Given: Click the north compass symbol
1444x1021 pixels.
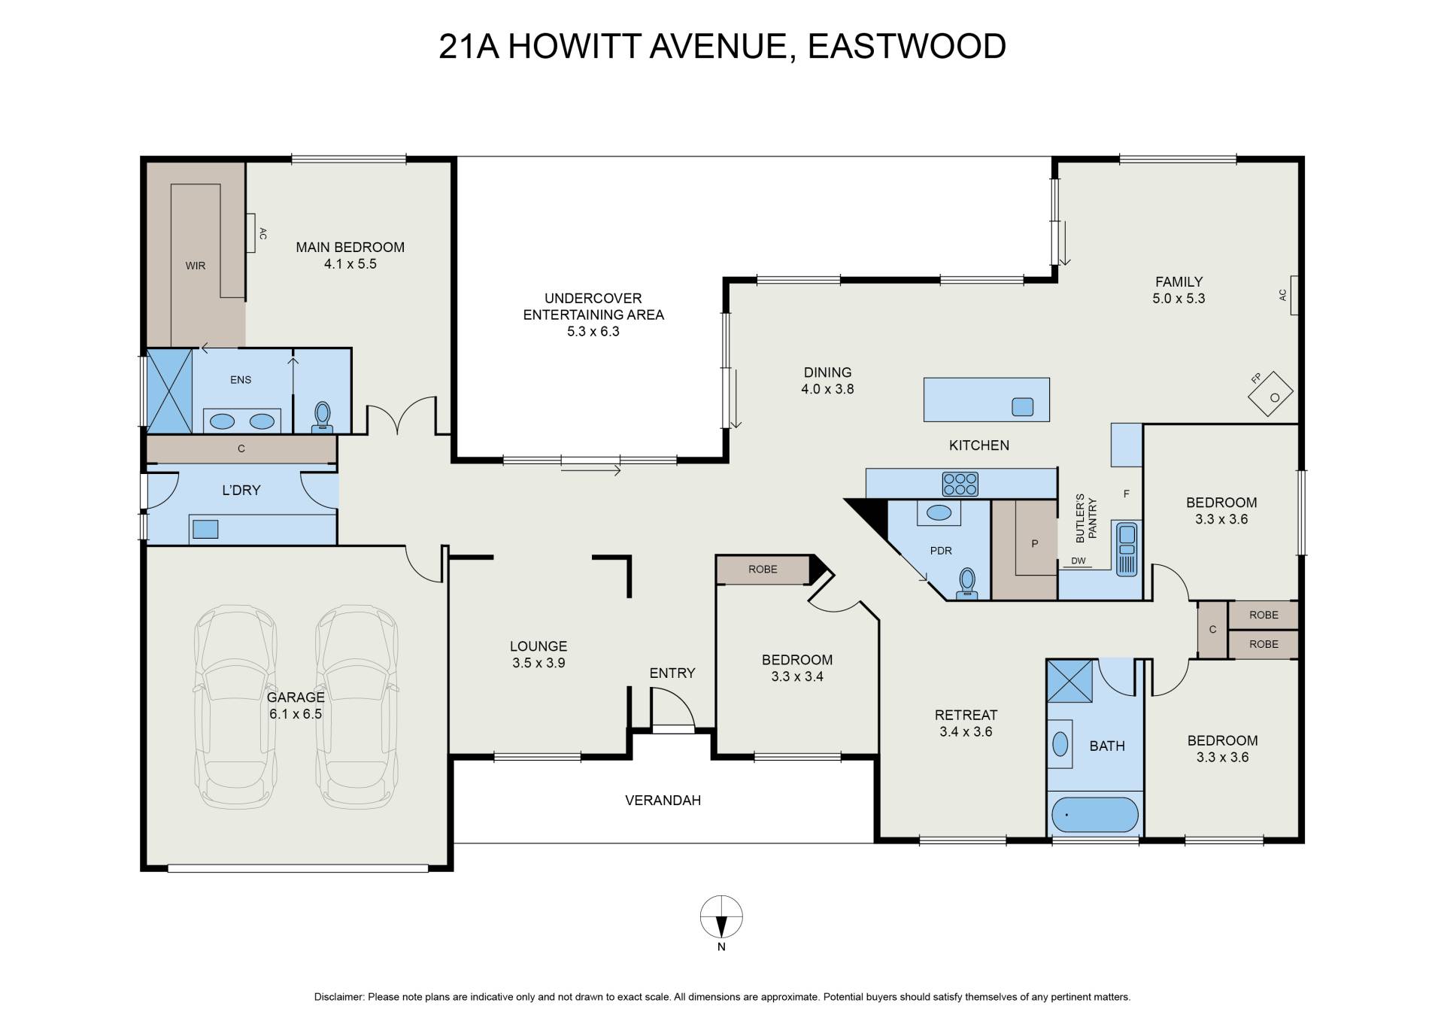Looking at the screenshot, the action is coord(721,917).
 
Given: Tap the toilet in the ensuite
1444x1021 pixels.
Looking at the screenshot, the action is coord(323,417).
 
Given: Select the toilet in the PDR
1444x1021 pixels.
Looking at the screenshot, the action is coord(967,584).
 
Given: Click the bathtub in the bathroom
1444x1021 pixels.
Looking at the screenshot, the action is coord(1095,815).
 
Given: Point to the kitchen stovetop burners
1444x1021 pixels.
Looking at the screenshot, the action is coord(960,484).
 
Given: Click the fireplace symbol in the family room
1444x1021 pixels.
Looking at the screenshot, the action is coord(1271,394).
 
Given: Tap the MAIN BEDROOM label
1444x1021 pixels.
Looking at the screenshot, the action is coord(350,247).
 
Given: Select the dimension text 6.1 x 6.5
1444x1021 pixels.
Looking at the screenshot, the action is coord(296,714).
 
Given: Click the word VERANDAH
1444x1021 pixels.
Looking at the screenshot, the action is coord(663,801).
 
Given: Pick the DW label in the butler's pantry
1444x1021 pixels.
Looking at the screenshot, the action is coord(1078,561).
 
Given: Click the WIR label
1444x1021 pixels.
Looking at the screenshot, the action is coord(196,266).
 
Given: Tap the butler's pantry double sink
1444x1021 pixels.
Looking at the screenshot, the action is coord(1127,549).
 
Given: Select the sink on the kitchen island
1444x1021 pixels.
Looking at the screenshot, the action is coord(1022,407).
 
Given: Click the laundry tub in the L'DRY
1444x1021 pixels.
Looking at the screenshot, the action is coord(205,529).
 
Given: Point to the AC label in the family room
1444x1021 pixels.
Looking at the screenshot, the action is coord(1283,295).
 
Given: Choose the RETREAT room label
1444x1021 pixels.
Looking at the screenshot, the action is coord(966,715).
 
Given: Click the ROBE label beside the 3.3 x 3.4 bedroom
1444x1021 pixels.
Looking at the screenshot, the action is coord(763,570).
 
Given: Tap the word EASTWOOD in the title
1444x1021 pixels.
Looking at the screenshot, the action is coord(907,46).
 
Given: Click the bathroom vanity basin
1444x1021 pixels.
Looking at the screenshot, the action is coord(1060,745).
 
